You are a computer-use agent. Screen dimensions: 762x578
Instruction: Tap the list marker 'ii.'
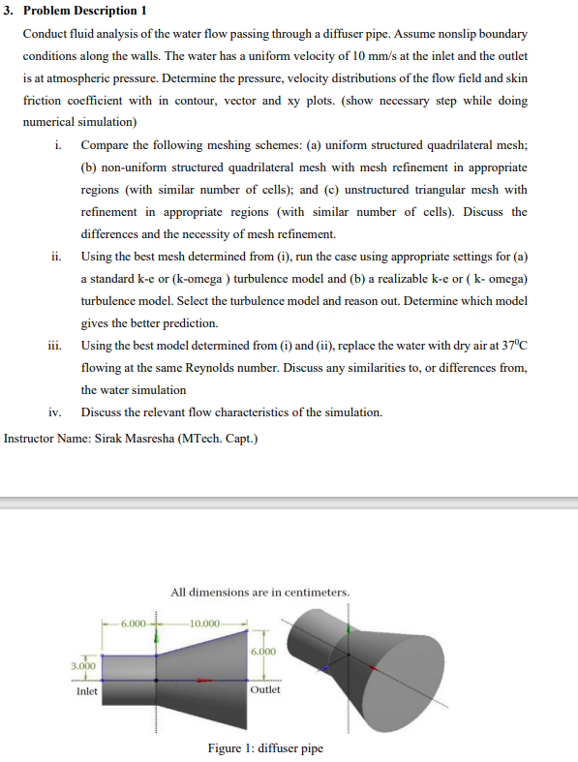click(x=56, y=257)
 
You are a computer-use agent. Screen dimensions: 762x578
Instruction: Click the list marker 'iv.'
click(x=55, y=412)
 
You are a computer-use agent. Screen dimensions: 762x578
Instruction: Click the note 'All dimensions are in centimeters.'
click(x=260, y=592)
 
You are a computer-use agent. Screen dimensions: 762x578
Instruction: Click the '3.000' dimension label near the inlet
click(x=84, y=666)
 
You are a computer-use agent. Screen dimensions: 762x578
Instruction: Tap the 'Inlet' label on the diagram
click(x=86, y=691)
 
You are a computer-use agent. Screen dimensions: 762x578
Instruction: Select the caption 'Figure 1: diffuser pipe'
click(x=265, y=747)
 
